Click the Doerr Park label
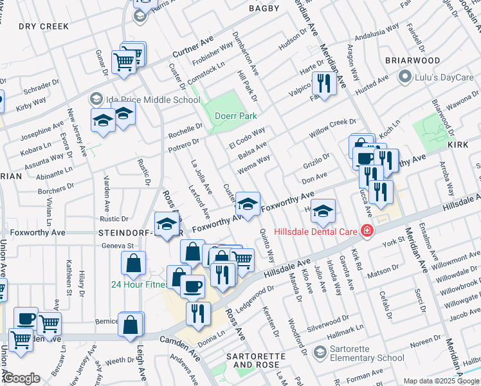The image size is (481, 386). pyautogui.click(x=237, y=116)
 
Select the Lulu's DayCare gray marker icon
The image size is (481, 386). pyautogui.click(x=404, y=78)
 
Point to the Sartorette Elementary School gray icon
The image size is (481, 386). pyautogui.click(x=319, y=353)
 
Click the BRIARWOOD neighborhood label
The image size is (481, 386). pyautogui.click(x=412, y=60)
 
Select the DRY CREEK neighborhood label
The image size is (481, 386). pyautogui.click(x=43, y=26)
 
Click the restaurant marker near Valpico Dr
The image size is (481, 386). pyautogui.click(x=323, y=83)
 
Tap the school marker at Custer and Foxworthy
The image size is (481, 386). pyautogui.click(x=248, y=204)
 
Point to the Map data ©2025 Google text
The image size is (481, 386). pyautogui.click(x=441, y=381)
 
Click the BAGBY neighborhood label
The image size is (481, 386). pyautogui.click(x=264, y=8)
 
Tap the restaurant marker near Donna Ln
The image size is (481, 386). pyautogui.click(x=198, y=313)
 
